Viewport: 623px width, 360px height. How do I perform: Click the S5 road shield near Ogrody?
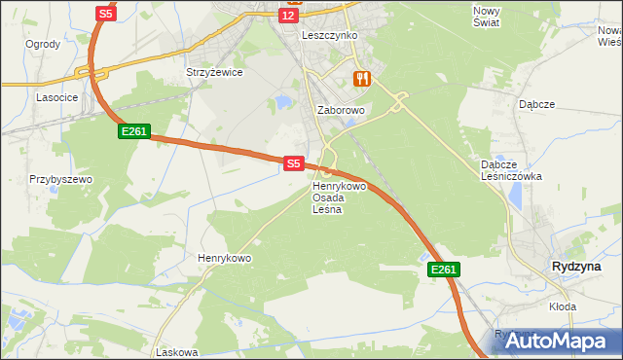point(106,14)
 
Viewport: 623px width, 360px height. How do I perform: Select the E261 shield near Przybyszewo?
point(134,130)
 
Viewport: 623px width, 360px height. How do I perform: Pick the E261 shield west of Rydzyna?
point(442,270)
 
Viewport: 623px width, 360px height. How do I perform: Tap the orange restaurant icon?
point(362,78)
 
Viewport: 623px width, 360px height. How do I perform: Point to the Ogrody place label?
point(43,44)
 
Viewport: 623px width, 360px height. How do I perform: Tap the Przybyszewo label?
point(59,180)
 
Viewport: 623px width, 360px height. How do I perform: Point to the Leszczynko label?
point(330,35)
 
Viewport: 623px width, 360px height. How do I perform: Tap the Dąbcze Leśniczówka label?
point(512,170)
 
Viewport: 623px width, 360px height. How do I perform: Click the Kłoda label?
point(562,306)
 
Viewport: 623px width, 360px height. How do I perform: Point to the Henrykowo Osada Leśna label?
point(338,198)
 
